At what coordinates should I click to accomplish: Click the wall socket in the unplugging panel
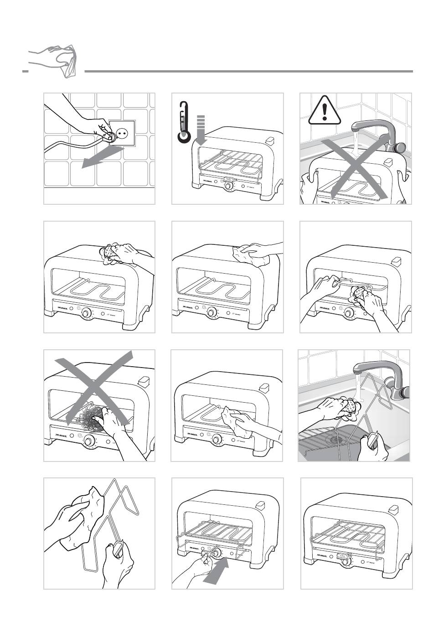pyautogui.click(x=122, y=133)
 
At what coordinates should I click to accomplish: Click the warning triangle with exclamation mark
pyautogui.click(x=325, y=112)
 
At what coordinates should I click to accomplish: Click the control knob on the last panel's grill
pyautogui.click(x=346, y=562)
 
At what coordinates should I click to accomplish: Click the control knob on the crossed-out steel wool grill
pyautogui.click(x=89, y=441)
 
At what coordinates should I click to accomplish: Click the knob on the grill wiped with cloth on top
pyautogui.click(x=212, y=313)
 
